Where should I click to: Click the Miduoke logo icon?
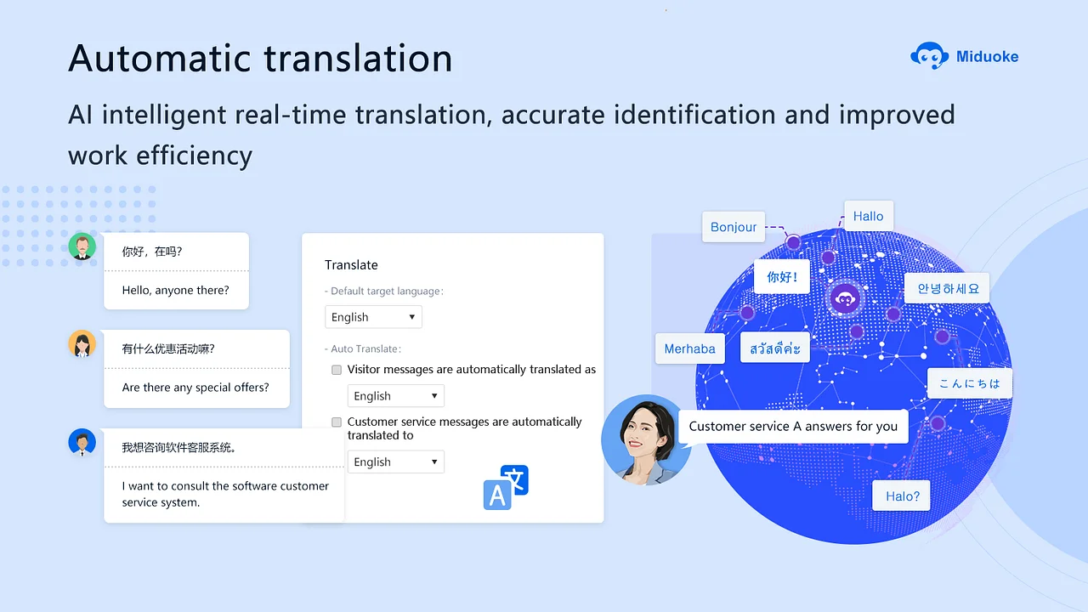tap(929, 56)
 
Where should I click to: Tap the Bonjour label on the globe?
tap(734, 227)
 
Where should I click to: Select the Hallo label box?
tap(869, 216)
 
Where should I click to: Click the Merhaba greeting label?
tap(689, 348)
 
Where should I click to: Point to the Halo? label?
tap(902, 496)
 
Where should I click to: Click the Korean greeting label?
tap(947, 288)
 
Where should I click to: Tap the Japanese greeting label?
tap(970, 383)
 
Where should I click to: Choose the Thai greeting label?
tap(774, 348)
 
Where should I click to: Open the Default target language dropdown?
tap(373, 317)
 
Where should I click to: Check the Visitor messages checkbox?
tap(337, 370)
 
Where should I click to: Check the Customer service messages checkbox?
tap(337, 422)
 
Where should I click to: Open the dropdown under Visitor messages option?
tap(396, 396)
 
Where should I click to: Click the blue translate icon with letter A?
tap(506, 488)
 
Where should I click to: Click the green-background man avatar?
tap(82, 246)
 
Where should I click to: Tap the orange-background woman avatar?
tap(82, 344)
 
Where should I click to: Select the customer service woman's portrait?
tap(646, 440)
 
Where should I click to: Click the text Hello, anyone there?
tap(175, 291)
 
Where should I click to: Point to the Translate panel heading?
tap(351, 264)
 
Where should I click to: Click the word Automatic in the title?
tap(159, 59)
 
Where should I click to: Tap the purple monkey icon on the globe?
tap(845, 298)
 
